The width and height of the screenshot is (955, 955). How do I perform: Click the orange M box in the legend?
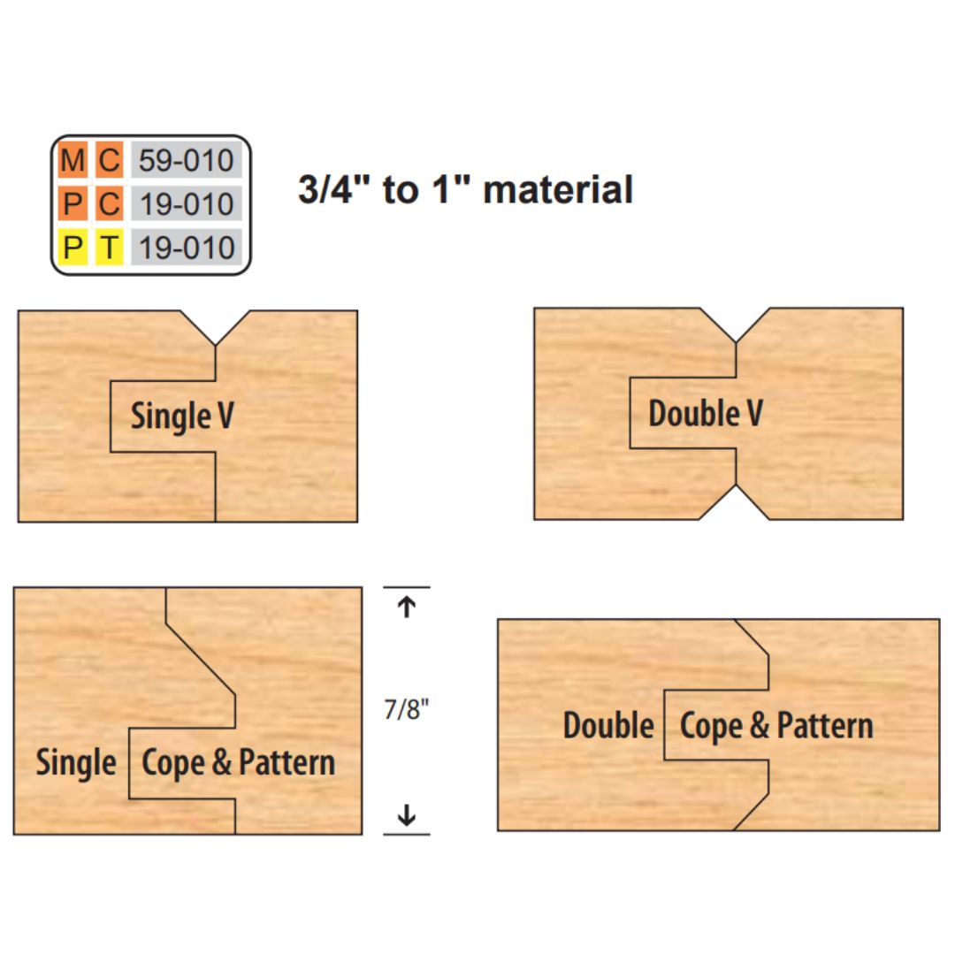point(73,160)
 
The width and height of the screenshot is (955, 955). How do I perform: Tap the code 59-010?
point(187,160)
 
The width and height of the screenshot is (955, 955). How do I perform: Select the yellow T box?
point(109,248)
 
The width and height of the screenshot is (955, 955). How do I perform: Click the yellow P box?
point(73,248)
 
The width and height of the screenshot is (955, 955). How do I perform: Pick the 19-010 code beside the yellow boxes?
point(187,248)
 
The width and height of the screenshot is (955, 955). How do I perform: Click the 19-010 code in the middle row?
point(187,204)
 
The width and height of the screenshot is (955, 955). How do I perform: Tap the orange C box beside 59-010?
point(109,160)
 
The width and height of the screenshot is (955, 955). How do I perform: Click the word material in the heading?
point(558,189)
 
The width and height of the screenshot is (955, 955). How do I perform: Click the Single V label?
point(182,416)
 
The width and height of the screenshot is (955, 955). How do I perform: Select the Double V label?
point(706,414)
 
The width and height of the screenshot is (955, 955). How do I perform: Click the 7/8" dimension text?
point(406,709)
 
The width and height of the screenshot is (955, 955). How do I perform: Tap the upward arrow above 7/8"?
point(406,607)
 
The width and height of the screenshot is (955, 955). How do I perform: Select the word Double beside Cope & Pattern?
point(608,725)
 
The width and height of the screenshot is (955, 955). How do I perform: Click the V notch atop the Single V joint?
point(216,328)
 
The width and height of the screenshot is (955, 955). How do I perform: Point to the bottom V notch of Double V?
point(736,502)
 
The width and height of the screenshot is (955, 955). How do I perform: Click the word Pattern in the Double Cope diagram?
point(825,725)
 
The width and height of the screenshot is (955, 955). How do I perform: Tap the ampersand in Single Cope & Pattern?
point(222,762)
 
